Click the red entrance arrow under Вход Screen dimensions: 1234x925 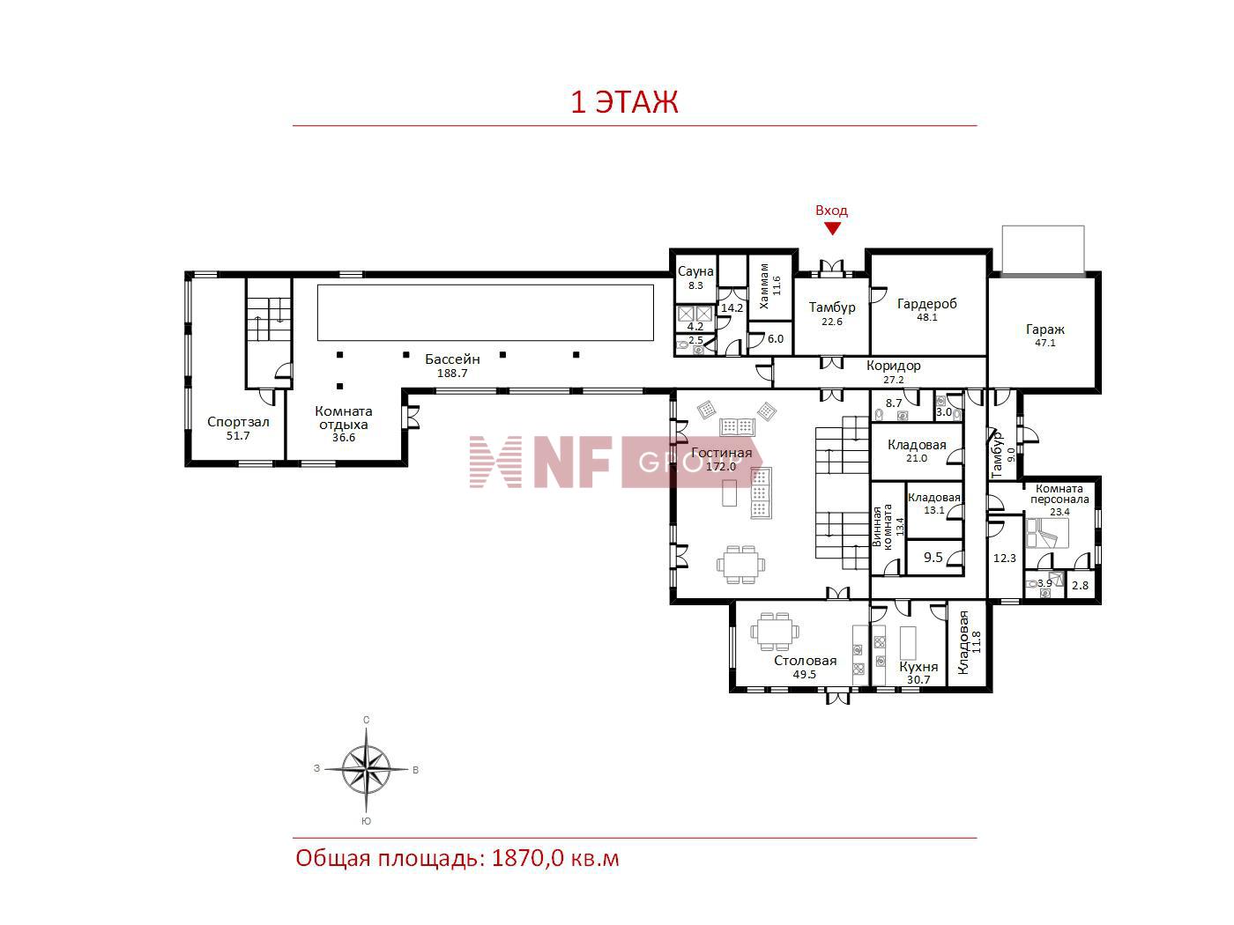click(x=831, y=228)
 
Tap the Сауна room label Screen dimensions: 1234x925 click(x=695, y=271)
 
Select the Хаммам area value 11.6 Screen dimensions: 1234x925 click(x=777, y=285)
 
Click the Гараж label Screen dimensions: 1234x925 click(x=1044, y=329)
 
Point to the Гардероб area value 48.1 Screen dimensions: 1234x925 click(x=926, y=317)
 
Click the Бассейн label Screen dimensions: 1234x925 click(x=452, y=359)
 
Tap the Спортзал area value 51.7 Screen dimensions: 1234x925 click(x=238, y=436)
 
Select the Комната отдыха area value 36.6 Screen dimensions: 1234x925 click(x=343, y=438)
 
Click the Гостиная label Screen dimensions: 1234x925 click(x=721, y=453)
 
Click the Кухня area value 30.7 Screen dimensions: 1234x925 click(x=918, y=679)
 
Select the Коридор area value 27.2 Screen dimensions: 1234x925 click(x=893, y=380)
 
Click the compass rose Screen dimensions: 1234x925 click(x=366, y=769)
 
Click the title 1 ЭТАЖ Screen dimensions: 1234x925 click(x=624, y=102)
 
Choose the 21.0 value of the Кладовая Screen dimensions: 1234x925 click(x=917, y=458)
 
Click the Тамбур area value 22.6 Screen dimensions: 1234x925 click(x=831, y=322)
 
